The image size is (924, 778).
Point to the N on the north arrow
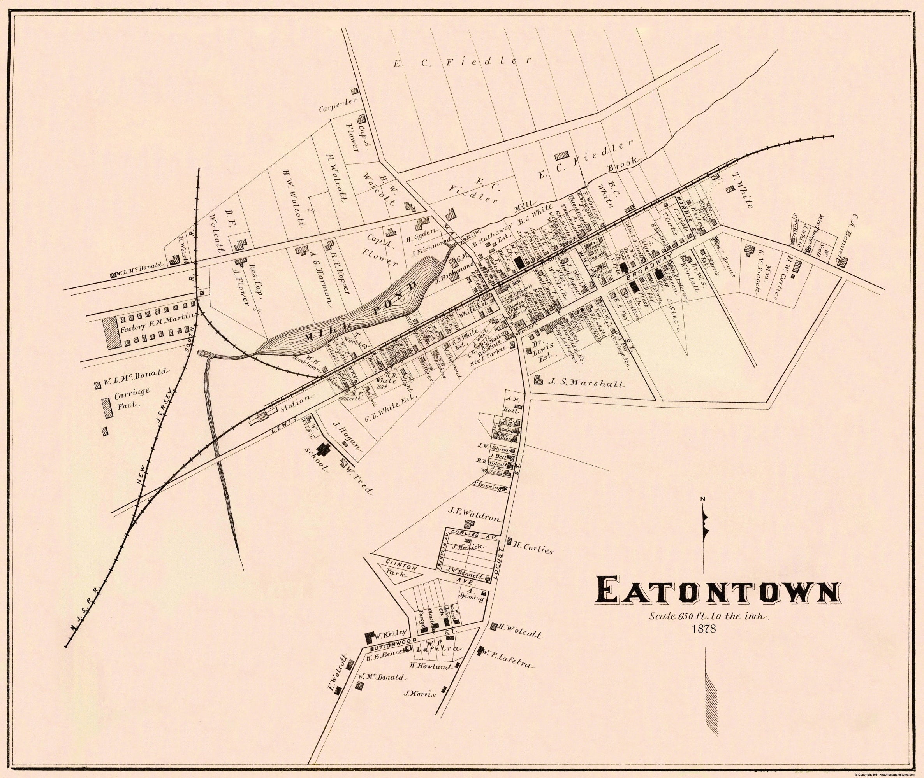coord(703,499)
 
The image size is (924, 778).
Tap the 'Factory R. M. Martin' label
coord(156,317)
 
